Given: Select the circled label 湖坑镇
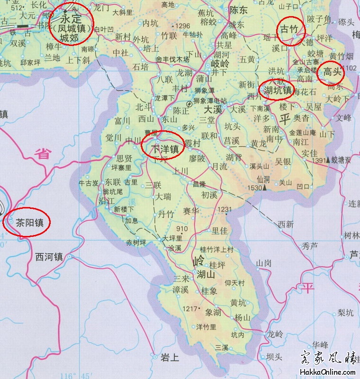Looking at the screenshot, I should pyautogui.click(x=278, y=90).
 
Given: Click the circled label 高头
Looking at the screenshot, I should pyautogui.click(x=333, y=72).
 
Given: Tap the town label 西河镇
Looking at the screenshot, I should pyautogui.click(x=49, y=257).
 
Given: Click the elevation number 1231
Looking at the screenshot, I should pyautogui.click(x=225, y=209).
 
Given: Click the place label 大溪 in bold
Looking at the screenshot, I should pyautogui.click(x=213, y=109).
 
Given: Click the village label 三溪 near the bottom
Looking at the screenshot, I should pyautogui.click(x=221, y=348).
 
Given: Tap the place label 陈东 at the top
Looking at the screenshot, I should pyautogui.click(x=238, y=9).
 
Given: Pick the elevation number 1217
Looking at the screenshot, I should pyautogui.click(x=189, y=308).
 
